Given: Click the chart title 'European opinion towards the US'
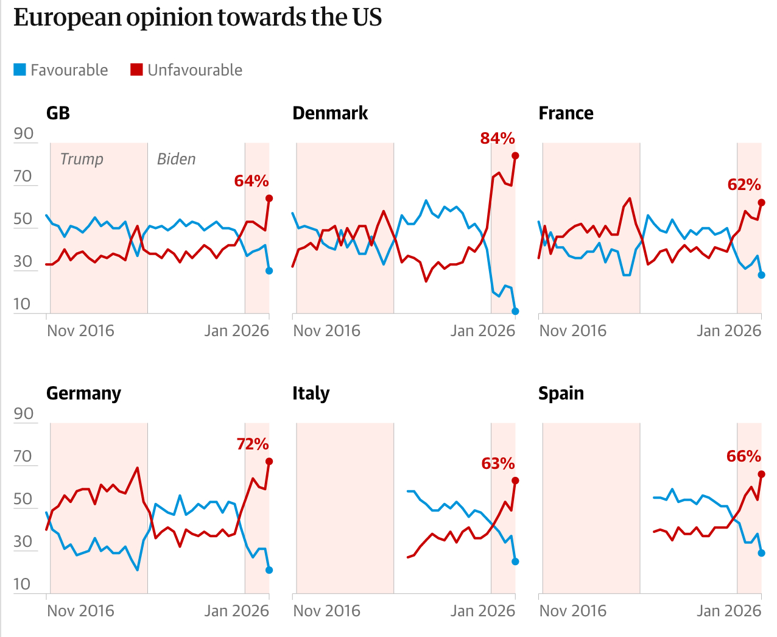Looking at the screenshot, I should click(x=197, y=18).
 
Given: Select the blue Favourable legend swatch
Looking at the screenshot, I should click(x=20, y=70).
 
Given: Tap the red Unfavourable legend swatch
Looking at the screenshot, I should click(x=136, y=70).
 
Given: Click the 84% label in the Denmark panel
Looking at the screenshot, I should click(x=497, y=138).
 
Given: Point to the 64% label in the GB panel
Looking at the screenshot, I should click(x=251, y=181).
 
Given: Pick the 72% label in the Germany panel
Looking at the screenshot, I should click(x=253, y=444).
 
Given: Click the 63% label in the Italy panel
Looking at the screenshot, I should click(x=498, y=463).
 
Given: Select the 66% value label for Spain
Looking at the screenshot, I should click(x=744, y=456).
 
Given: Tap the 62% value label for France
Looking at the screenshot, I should click(x=744, y=185).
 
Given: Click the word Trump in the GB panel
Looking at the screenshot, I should click(x=82, y=159).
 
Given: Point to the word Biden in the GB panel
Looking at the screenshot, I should click(x=176, y=159).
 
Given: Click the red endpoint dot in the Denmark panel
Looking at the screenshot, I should click(x=515, y=156).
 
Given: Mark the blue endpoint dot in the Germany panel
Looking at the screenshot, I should click(x=269, y=570).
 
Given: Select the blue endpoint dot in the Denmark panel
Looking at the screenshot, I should click(x=515, y=311).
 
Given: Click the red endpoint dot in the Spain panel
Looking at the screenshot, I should click(x=761, y=474).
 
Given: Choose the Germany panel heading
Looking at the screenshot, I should click(x=83, y=393).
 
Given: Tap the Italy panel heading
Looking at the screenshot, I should click(x=311, y=393).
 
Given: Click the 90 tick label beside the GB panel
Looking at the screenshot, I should click(x=23, y=133).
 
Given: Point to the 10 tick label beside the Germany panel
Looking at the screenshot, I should click(x=22, y=584).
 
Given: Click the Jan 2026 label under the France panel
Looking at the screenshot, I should click(x=728, y=331).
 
